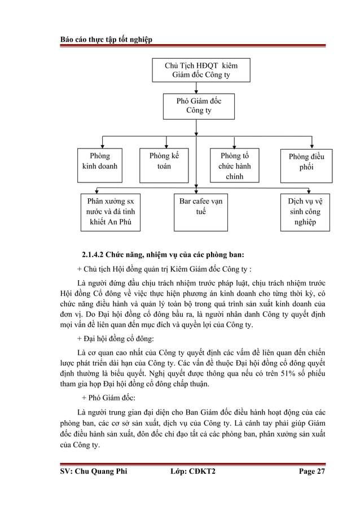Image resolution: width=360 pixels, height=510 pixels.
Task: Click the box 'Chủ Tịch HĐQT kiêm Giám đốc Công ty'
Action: coord(196,70)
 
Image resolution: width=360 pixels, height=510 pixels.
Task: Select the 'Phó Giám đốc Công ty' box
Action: coord(196,106)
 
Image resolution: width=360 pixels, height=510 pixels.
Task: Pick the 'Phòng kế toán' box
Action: coord(164,161)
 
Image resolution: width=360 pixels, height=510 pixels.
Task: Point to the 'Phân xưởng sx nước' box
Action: coord(111,211)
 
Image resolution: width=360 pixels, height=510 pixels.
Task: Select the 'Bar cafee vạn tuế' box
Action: coord(196,206)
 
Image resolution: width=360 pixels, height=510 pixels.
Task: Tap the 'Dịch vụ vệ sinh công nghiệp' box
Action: coord(306,211)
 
